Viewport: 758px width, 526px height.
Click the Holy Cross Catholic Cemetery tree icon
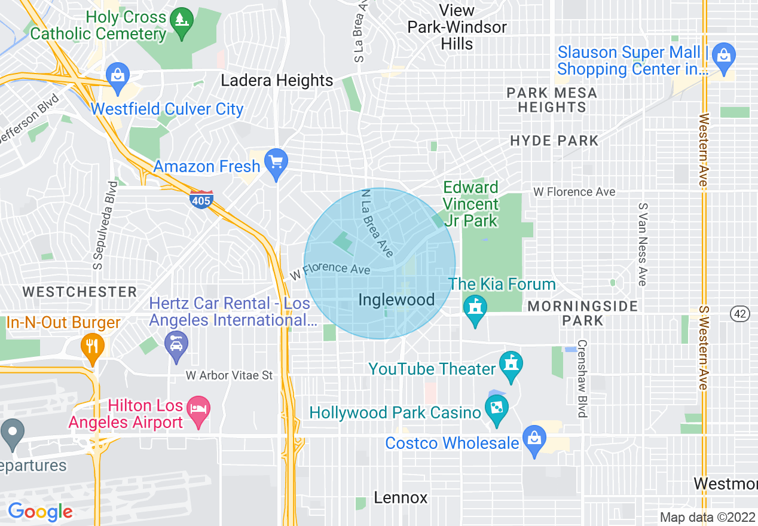[178, 20]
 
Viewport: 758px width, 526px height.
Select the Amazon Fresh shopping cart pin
[276, 163]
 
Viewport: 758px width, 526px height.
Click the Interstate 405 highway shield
[201, 200]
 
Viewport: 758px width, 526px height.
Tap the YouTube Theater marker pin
[511, 365]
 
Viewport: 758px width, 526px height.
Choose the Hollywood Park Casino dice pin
[497, 409]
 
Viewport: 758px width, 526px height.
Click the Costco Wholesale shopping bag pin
[534, 440]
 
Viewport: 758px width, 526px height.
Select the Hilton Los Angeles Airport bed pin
[198, 411]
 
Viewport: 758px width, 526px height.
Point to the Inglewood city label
[396, 300]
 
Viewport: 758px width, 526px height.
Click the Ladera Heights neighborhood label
[277, 81]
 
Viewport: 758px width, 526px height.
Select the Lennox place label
[401, 497]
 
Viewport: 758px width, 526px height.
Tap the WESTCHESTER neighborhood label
[80, 292]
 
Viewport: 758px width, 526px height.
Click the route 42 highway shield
[739, 313]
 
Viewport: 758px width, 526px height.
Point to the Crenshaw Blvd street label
[582, 378]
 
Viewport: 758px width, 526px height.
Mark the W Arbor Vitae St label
[229, 375]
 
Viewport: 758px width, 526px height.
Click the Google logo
[41, 512]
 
